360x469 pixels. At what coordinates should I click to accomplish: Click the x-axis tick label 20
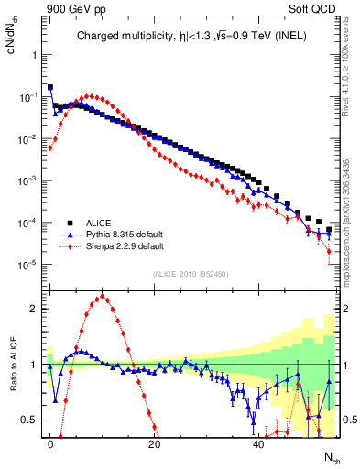(x=155, y=442)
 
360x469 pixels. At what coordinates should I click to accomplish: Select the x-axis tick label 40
(x=259, y=442)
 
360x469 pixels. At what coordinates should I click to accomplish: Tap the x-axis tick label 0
(x=50, y=442)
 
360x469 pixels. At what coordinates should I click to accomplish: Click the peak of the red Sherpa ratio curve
(x=103, y=296)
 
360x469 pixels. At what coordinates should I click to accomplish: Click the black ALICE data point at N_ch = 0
(x=50, y=88)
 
